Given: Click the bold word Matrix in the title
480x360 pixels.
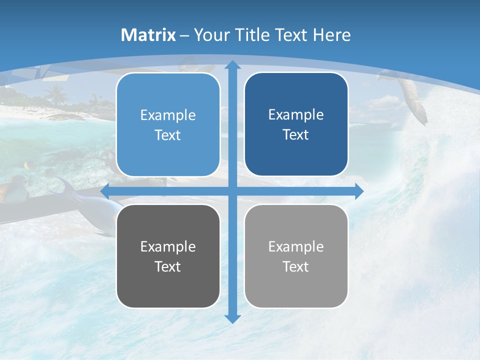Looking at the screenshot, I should click(148, 35).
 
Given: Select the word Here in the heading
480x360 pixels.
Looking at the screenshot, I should click(331, 35).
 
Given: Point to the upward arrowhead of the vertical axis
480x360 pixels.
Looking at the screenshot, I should click(232, 65).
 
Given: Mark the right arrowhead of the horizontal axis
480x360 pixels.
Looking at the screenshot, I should click(358, 191).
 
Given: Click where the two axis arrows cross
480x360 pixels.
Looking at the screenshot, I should click(232, 191).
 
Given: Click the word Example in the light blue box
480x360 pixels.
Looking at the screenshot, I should click(168, 115).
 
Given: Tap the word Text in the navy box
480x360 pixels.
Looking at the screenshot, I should click(296, 135).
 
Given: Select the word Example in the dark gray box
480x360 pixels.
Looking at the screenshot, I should click(168, 246).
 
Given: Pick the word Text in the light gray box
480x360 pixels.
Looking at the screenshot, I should click(296, 266).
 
